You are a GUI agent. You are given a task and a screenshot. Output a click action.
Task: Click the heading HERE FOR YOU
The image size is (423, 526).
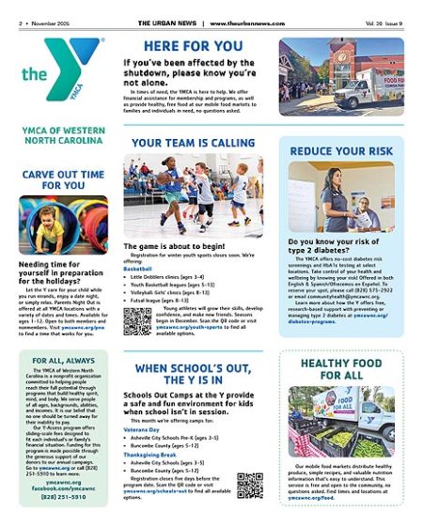pos(194,44)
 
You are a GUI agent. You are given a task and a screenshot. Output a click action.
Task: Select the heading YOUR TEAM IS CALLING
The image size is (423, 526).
pos(193,142)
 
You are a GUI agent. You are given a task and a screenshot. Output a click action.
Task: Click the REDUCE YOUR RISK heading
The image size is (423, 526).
pos(342,151)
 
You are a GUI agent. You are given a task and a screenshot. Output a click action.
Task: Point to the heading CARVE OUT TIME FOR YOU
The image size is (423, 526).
pos(63,179)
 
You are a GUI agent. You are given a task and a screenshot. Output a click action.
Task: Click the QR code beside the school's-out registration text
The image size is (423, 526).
pos(250,485)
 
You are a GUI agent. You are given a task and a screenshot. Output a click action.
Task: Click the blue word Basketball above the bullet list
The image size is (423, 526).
pos(137,270)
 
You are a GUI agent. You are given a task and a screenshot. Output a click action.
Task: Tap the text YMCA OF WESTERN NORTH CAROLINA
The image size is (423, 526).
pos(62,137)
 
